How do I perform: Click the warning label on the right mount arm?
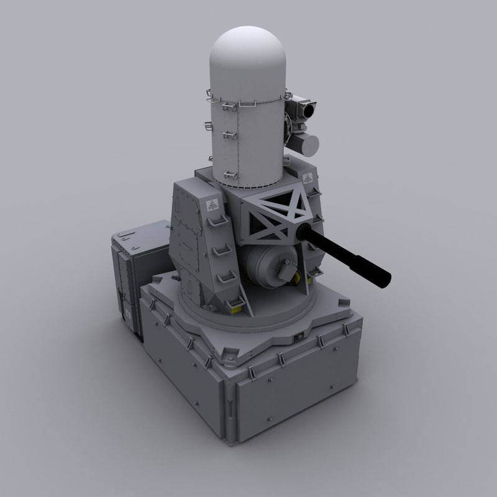click(x=306, y=180)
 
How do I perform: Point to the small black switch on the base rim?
click(x=298, y=335)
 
